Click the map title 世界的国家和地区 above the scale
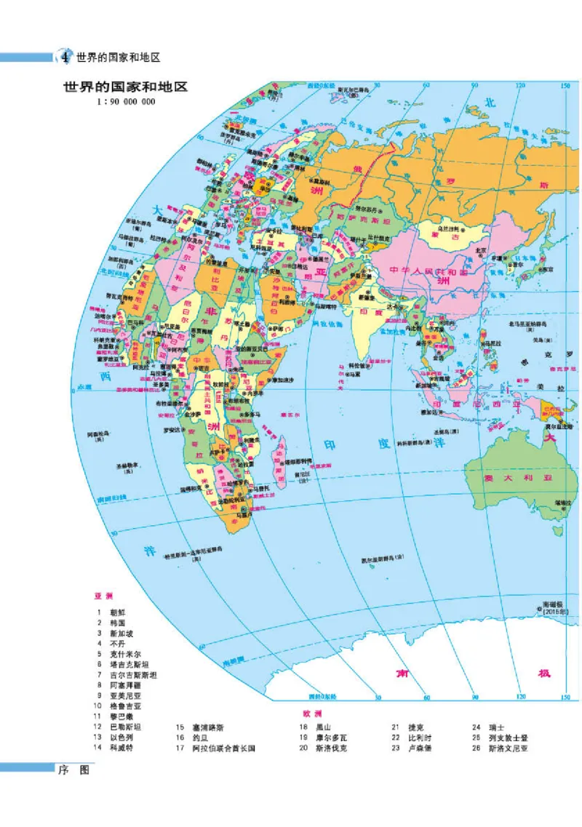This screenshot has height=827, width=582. [x=125, y=87]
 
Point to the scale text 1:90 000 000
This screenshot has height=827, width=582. [x=125, y=101]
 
